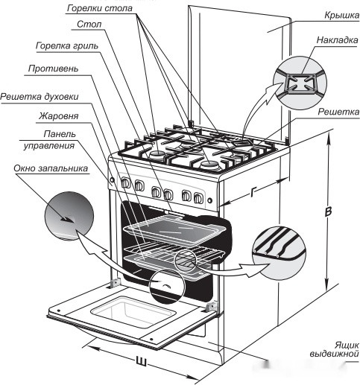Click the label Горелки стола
(99, 8)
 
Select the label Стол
(89, 25)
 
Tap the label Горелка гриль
(67, 46)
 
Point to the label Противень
(53, 69)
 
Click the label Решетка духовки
(40, 97)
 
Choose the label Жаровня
(59, 116)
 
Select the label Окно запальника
(51, 168)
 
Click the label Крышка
(341, 16)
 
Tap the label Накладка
(337, 40)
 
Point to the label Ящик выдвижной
(334, 349)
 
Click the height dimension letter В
(328, 211)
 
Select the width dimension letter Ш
(142, 361)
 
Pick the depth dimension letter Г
(253, 191)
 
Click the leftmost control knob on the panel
(125, 183)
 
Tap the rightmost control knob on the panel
(198, 197)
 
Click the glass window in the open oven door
(132, 311)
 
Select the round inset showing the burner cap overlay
(300, 83)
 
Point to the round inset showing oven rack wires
(279, 252)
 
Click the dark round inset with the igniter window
(69, 215)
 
